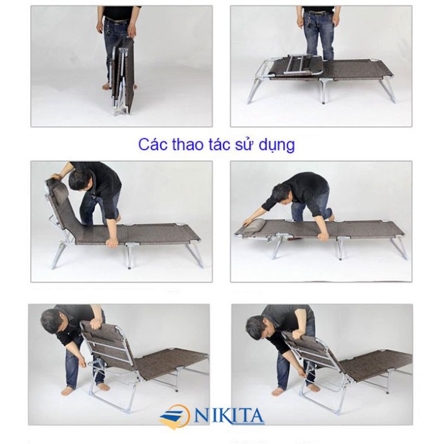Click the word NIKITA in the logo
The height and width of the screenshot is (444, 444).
click(x=230, y=416)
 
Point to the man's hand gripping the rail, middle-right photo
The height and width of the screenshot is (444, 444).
click(x=322, y=236)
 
